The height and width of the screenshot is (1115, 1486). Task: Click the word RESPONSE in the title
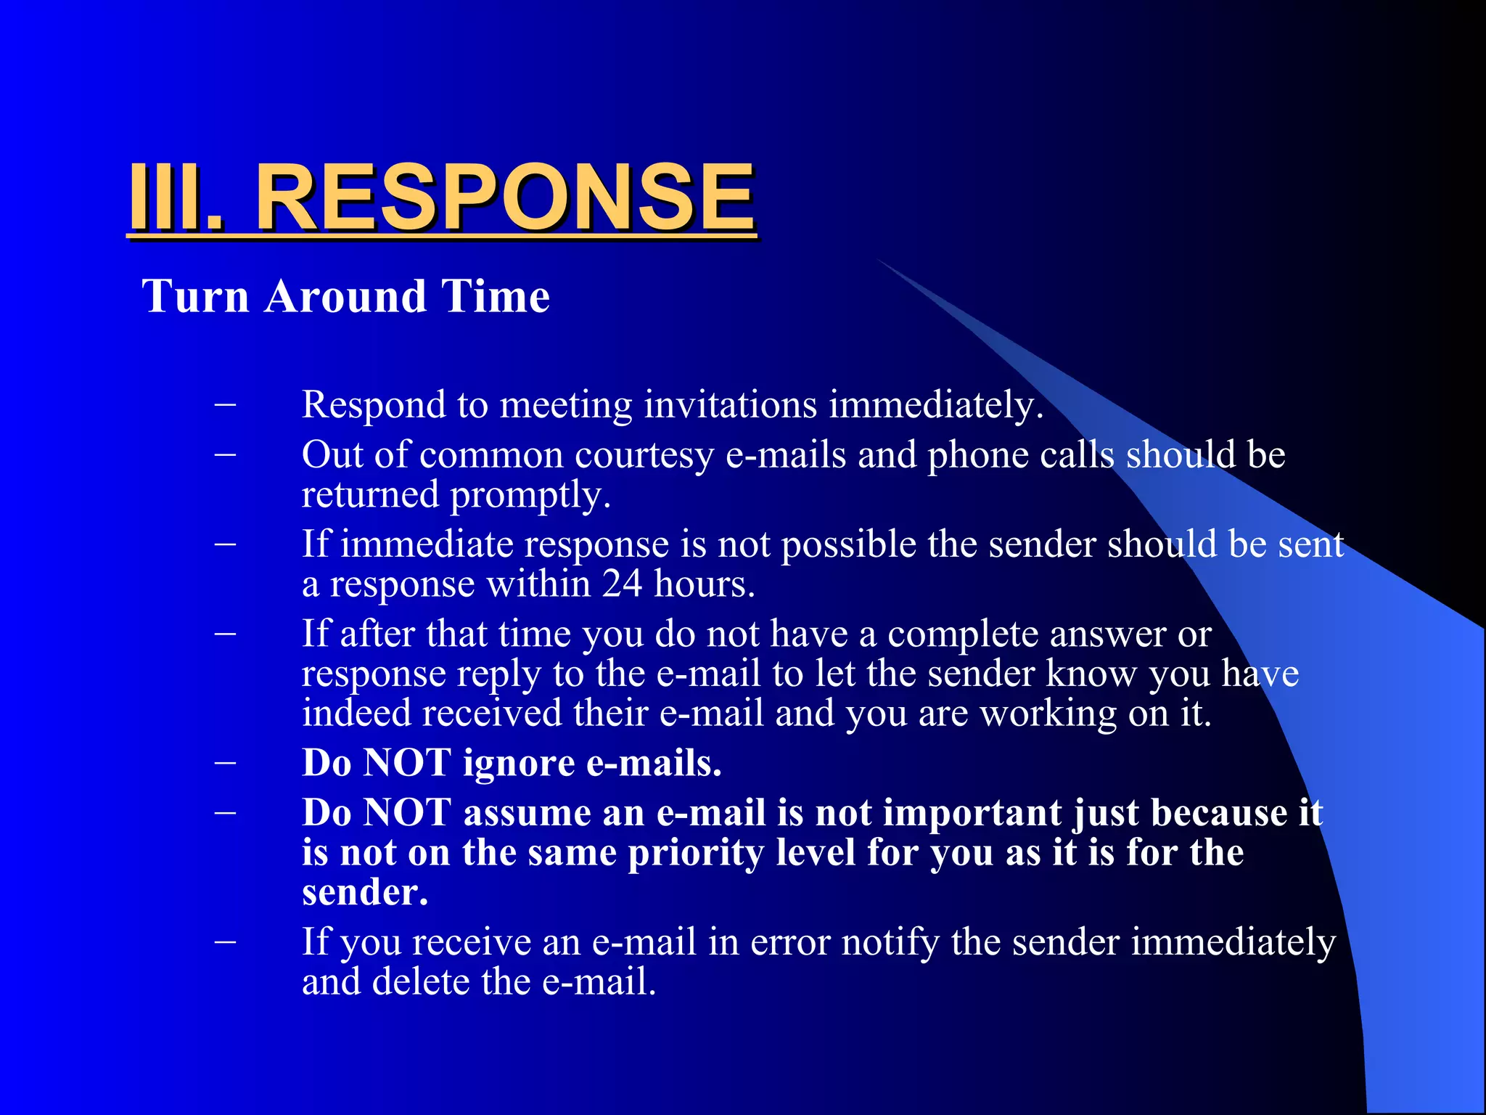point(505,197)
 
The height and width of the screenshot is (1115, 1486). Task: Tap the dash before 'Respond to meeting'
point(226,404)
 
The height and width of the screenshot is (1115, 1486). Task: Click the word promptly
point(530,496)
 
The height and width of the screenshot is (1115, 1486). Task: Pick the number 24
point(622,584)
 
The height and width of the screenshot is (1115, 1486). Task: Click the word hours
point(705,584)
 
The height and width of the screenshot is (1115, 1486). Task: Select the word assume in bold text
point(554,812)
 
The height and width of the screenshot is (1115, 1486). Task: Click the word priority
point(696,854)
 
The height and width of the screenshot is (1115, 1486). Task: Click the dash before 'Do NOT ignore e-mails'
point(226,763)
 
